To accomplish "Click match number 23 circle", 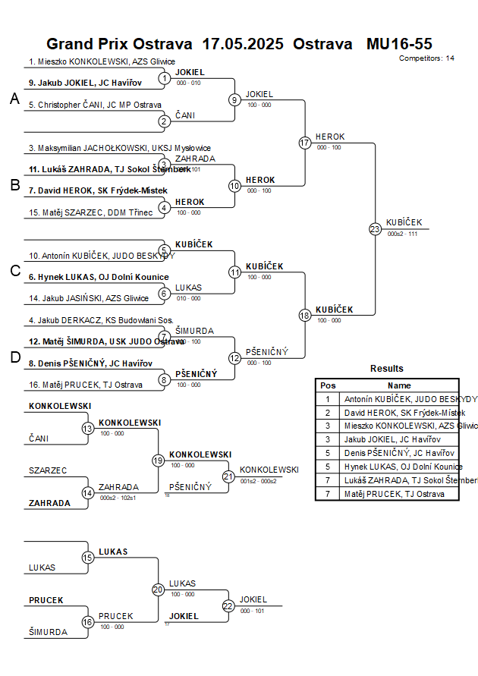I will [x=375, y=229].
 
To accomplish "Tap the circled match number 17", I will [x=305, y=143].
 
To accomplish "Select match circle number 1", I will [x=165, y=78].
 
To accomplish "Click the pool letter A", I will [x=14, y=99].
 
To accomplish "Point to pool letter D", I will [x=14, y=357].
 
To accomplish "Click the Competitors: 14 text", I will [x=426, y=58].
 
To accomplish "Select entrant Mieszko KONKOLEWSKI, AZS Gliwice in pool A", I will [x=102, y=61].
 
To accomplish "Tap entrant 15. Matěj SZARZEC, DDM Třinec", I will [x=90, y=212].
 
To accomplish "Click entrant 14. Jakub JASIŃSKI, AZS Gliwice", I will [x=89, y=298].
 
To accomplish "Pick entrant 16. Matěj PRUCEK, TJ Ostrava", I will [x=86, y=385].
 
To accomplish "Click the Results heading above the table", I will [x=387, y=369].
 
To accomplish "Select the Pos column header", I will [x=328, y=385].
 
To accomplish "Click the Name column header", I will [x=399, y=385].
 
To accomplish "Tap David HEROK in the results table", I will [x=404, y=412].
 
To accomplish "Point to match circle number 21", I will [x=228, y=476].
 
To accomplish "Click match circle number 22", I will [x=228, y=605].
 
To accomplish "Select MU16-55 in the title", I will [x=399, y=44].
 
